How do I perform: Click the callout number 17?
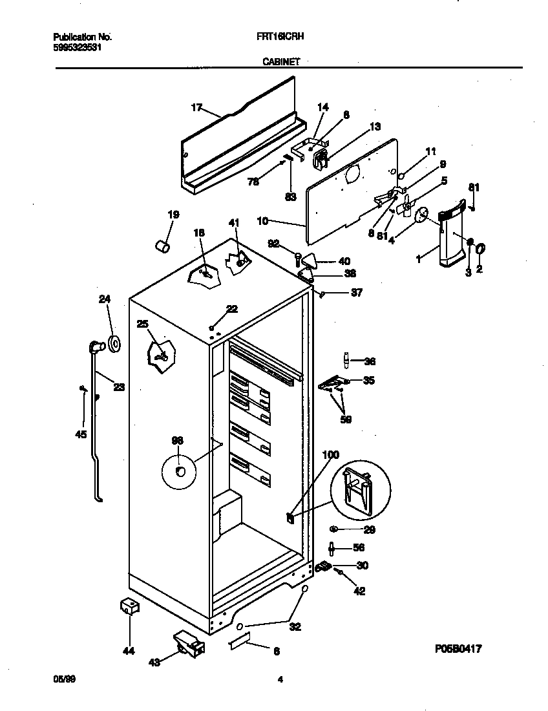pyautogui.click(x=197, y=108)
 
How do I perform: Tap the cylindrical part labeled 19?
pyautogui.click(x=163, y=246)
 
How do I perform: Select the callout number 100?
pyautogui.click(x=330, y=455)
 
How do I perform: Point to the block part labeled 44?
pyautogui.click(x=130, y=608)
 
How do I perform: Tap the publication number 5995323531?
pyautogui.click(x=77, y=47)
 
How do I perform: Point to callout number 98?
pyautogui.click(x=178, y=440)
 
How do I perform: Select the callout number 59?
pyautogui.click(x=346, y=419)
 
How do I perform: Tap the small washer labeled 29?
pyautogui.click(x=333, y=529)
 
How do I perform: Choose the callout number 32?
pyautogui.click(x=295, y=626)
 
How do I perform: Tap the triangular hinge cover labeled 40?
pyautogui.click(x=310, y=261)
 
